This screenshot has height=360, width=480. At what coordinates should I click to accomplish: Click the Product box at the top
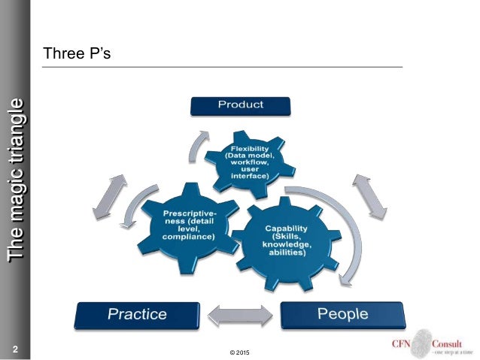(240, 104)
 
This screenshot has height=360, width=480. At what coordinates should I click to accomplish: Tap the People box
(342, 314)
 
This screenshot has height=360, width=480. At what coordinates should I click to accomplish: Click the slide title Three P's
(77, 54)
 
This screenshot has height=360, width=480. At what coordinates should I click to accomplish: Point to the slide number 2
(14, 348)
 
